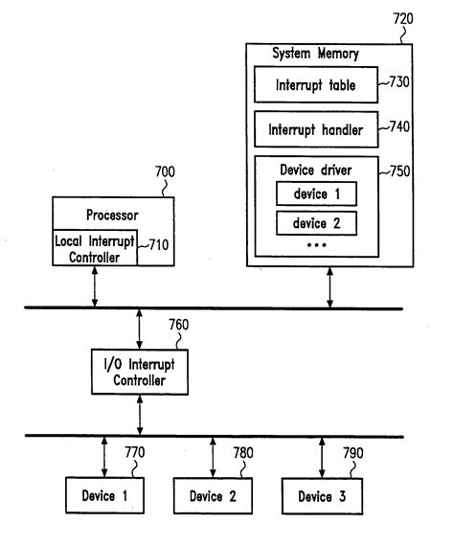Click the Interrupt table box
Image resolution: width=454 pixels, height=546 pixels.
[x=316, y=86]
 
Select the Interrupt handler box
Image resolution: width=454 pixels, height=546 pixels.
[x=316, y=127]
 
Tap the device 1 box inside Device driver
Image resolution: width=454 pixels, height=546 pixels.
[x=317, y=194]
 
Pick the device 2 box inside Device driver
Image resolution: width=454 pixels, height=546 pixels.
[x=317, y=225]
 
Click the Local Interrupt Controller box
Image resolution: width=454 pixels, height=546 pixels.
[x=95, y=249]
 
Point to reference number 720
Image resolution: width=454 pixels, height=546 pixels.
[x=402, y=18]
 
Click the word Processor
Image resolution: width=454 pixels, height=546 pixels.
[x=113, y=216]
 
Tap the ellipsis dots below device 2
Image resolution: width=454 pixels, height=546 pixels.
[x=317, y=246]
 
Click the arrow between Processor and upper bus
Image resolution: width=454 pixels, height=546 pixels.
[x=95, y=287]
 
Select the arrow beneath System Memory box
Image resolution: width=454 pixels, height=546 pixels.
[x=331, y=287]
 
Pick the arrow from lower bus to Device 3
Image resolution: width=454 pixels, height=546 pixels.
[x=321, y=455]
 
